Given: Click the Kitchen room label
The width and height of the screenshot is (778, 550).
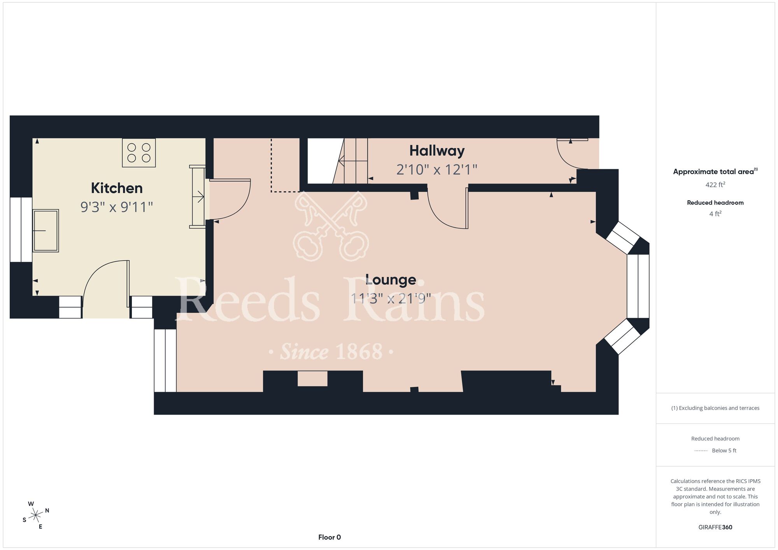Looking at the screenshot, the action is (x=117, y=188).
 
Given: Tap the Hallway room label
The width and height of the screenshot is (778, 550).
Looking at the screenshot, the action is (x=437, y=151).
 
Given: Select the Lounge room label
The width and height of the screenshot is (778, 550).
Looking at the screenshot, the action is (x=391, y=280).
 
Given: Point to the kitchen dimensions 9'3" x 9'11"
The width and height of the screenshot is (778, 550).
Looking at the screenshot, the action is (x=117, y=207).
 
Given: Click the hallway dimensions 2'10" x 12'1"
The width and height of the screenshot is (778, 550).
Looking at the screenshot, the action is (x=437, y=170).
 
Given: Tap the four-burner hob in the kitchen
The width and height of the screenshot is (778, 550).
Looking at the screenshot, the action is (x=139, y=153).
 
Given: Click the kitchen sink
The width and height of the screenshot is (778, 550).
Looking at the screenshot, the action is (x=46, y=231).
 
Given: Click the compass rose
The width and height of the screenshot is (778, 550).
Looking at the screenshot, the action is (x=35, y=515).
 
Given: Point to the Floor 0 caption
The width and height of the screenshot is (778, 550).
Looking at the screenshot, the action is (x=329, y=537).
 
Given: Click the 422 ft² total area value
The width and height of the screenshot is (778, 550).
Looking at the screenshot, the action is (x=715, y=184).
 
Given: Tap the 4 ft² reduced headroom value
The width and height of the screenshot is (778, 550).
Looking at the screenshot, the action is (x=715, y=214).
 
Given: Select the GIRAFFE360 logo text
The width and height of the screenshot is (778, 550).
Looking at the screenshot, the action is (x=715, y=527).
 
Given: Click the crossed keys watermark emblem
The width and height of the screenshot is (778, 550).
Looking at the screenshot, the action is (x=331, y=226).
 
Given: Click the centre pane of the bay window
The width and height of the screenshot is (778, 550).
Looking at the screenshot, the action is (x=638, y=286).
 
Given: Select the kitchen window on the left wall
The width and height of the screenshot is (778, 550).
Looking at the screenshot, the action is (x=21, y=229).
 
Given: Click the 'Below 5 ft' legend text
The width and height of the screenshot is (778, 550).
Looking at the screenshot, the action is (x=724, y=450).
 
